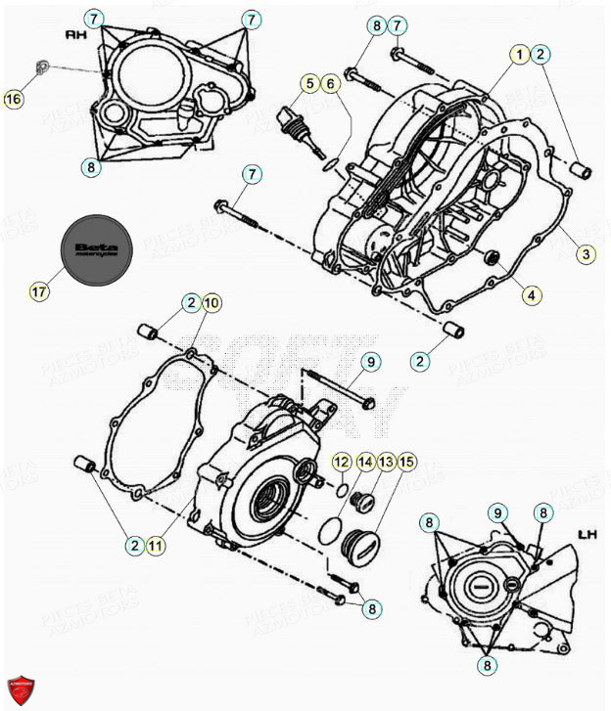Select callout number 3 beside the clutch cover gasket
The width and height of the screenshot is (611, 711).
coord(585,254)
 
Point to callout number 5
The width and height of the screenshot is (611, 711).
coord(309,83)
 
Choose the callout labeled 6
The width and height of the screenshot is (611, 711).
coord(331,83)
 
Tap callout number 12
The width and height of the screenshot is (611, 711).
coord(340,461)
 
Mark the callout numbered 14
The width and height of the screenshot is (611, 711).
coord(364,461)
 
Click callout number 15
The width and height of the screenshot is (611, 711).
coord(405,461)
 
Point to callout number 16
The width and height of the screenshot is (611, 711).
coord(13,98)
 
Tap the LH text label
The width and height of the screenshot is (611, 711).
coord(587,534)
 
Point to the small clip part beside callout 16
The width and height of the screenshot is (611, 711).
coord(40,67)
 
